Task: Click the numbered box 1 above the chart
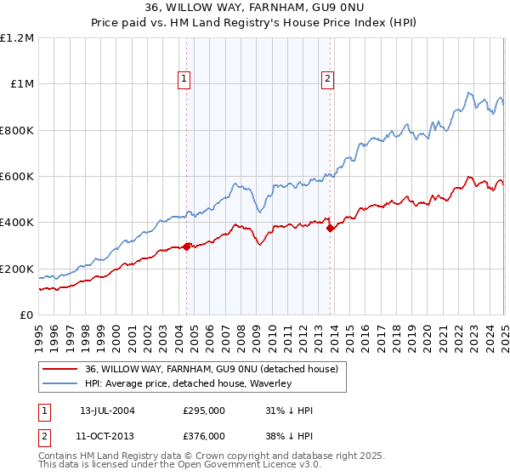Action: pyautogui.click(x=184, y=80)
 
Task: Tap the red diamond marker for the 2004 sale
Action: pyautogui.click(x=187, y=247)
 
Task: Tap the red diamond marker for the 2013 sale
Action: pyautogui.click(x=330, y=229)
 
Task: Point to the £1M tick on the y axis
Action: pyautogui.click(x=21, y=84)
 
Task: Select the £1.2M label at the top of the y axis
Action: pyautogui.click(x=18, y=38)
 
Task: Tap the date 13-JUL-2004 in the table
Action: pyautogui.click(x=107, y=411)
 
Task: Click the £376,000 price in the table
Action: pyautogui.click(x=204, y=435)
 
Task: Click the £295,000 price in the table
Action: pyautogui.click(x=204, y=411)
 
